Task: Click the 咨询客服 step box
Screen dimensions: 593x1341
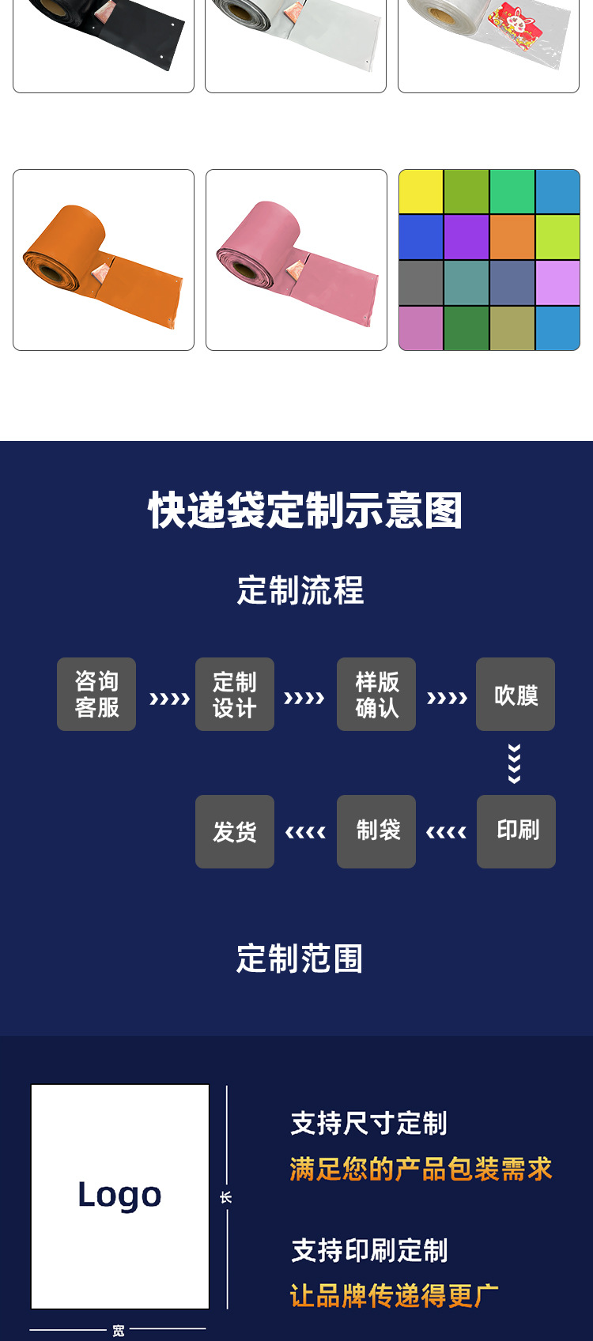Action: click(x=96, y=694)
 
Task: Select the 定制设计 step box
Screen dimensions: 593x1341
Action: click(x=235, y=694)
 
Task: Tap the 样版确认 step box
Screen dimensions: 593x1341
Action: click(x=376, y=694)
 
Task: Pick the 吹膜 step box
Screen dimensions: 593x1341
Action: click(x=516, y=694)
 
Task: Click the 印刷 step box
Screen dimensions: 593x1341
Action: click(x=516, y=831)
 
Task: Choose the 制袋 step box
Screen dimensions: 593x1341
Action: click(x=376, y=831)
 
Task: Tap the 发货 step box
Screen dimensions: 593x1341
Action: click(x=235, y=831)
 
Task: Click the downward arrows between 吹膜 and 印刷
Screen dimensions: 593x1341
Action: click(x=515, y=763)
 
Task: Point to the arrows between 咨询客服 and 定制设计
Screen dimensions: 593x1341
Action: click(x=169, y=699)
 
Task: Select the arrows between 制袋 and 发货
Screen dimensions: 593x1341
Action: click(x=305, y=832)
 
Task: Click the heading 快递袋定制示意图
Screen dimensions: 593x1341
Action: click(x=305, y=510)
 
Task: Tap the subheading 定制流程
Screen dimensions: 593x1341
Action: click(x=300, y=590)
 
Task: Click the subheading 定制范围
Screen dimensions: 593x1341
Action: click(x=300, y=959)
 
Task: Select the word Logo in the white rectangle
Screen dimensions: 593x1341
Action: click(x=120, y=1195)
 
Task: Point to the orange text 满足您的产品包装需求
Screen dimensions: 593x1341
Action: click(x=421, y=1169)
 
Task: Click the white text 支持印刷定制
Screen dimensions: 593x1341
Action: click(x=369, y=1250)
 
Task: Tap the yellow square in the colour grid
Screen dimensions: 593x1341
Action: click(x=421, y=192)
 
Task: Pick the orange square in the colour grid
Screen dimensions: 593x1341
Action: click(x=512, y=237)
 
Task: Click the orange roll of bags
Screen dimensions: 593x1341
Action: click(x=103, y=261)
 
